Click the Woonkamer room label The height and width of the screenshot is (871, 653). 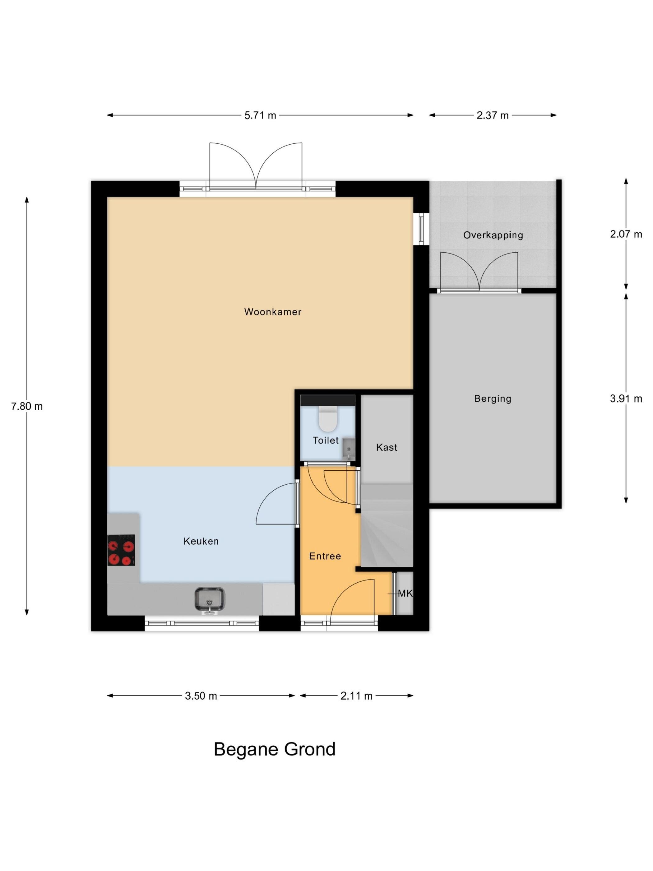pyautogui.click(x=273, y=312)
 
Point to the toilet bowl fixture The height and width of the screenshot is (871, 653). pyautogui.click(x=328, y=419)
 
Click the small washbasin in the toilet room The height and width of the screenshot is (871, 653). pyautogui.click(x=348, y=449)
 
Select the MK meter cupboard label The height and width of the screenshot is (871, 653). pyautogui.click(x=405, y=594)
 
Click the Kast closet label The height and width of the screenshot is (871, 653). pyautogui.click(x=387, y=447)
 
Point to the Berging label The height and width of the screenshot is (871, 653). pyautogui.click(x=493, y=399)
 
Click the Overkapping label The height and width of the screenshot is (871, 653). pyautogui.click(x=493, y=235)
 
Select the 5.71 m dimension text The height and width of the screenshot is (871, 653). pyautogui.click(x=260, y=115)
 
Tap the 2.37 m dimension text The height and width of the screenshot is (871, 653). pyautogui.click(x=493, y=115)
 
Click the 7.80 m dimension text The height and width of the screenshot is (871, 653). pyautogui.click(x=27, y=406)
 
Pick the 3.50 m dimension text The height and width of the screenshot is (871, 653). pyautogui.click(x=201, y=696)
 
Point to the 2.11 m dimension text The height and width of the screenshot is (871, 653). pyautogui.click(x=356, y=696)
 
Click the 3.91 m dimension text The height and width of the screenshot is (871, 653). pyautogui.click(x=626, y=399)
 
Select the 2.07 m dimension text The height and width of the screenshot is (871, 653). pyautogui.click(x=626, y=234)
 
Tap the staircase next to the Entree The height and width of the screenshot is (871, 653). pyautogui.click(x=387, y=525)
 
